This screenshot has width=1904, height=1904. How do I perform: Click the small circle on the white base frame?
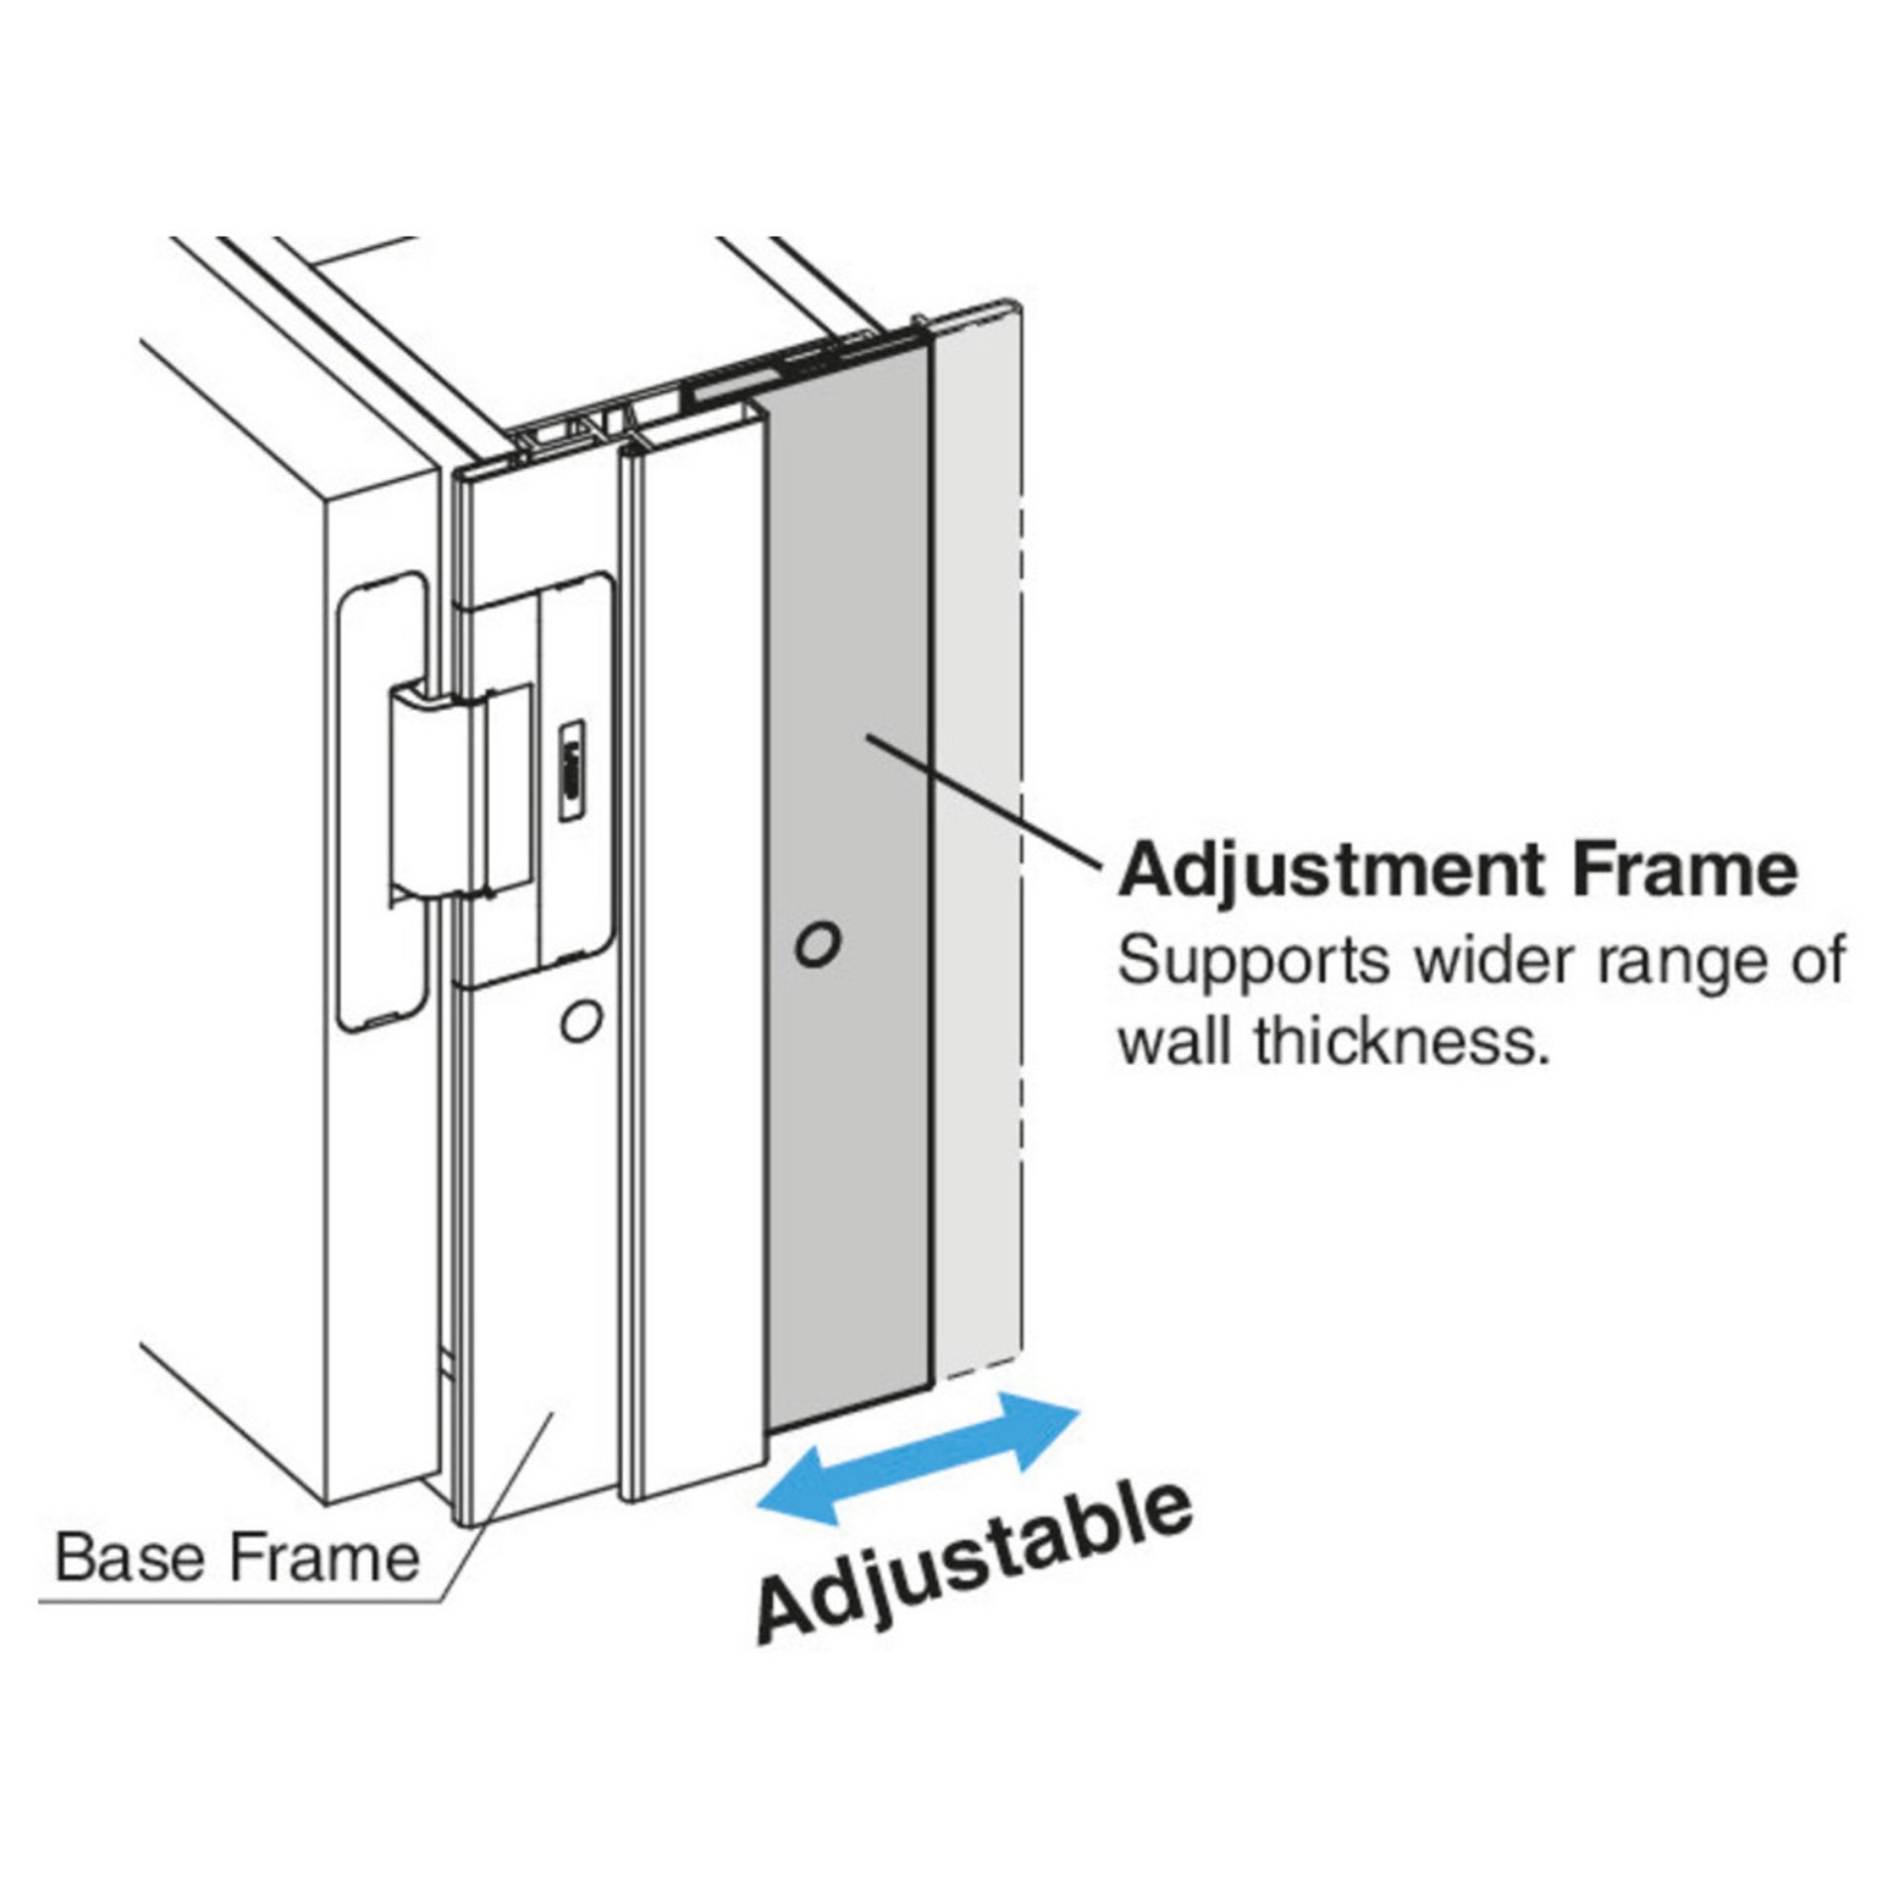click(x=580, y=1019)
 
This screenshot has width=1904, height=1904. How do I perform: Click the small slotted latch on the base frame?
click(x=571, y=773)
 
